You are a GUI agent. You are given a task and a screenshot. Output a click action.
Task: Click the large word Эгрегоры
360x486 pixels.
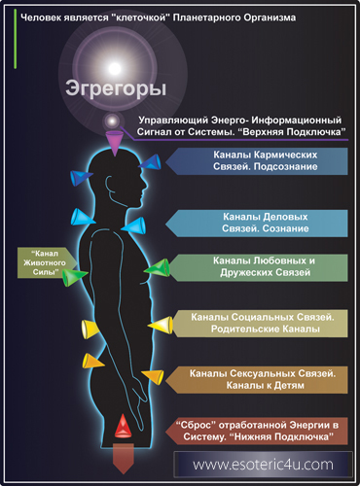point(116,88)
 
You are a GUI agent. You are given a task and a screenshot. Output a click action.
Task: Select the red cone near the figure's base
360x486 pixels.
point(124,426)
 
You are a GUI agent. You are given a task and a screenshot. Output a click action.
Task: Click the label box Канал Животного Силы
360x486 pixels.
point(46,262)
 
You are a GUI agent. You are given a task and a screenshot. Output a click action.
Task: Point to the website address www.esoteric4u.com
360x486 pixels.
point(263,465)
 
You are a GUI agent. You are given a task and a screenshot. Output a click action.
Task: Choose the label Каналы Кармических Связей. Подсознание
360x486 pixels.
point(257,161)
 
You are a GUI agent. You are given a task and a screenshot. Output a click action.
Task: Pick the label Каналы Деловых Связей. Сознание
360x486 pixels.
point(257,223)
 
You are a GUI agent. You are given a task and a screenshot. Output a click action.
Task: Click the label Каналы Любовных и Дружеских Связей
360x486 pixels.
point(259,267)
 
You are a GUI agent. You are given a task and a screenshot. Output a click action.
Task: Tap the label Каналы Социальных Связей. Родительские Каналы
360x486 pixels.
point(260,324)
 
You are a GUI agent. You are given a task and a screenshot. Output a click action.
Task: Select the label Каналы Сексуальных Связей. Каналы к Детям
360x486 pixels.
point(257,380)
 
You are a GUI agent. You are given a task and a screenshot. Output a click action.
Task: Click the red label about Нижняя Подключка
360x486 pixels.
point(257,431)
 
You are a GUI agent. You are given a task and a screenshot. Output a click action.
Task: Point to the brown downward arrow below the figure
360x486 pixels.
point(124,459)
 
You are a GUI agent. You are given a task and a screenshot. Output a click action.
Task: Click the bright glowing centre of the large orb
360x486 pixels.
point(115,68)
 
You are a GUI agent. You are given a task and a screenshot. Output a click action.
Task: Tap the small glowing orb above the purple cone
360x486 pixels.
point(112,121)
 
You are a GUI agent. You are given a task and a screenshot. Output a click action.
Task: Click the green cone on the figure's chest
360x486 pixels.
point(158,267)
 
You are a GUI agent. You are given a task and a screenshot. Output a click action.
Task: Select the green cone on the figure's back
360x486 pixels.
point(75,277)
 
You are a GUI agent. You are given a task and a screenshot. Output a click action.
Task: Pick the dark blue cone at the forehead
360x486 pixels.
point(150,162)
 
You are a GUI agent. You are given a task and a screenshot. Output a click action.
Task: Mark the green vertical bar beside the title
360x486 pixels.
point(15,39)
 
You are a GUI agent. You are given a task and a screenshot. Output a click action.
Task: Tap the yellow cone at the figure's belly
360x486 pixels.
point(161,325)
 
